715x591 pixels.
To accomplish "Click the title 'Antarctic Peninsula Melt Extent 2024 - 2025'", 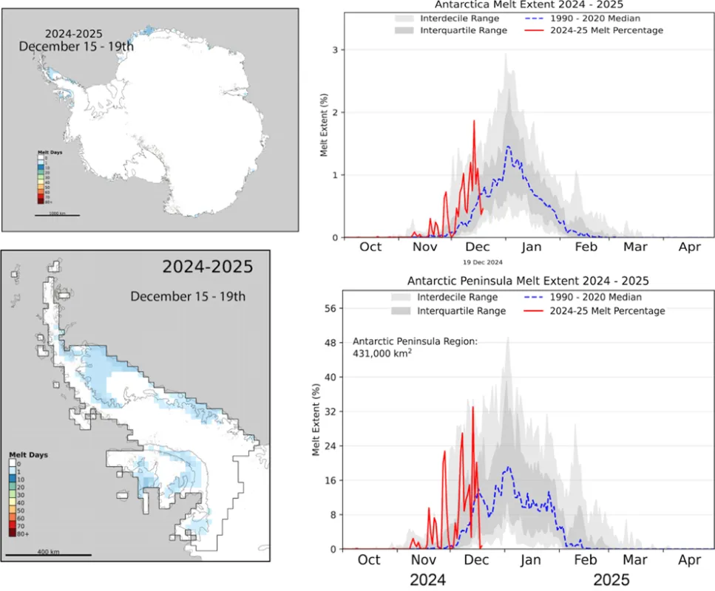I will (528, 281).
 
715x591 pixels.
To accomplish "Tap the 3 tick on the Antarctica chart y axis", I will (345, 49).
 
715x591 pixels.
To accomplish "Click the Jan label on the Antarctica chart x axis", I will (531, 246).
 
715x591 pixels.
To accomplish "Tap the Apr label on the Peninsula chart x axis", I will (689, 559).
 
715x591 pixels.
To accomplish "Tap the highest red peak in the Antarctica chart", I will (473, 122).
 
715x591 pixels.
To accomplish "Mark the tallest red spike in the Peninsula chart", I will (472, 407).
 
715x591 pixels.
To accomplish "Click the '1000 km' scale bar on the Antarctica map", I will (57, 214).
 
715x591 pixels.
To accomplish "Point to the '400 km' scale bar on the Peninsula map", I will (49, 553).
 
